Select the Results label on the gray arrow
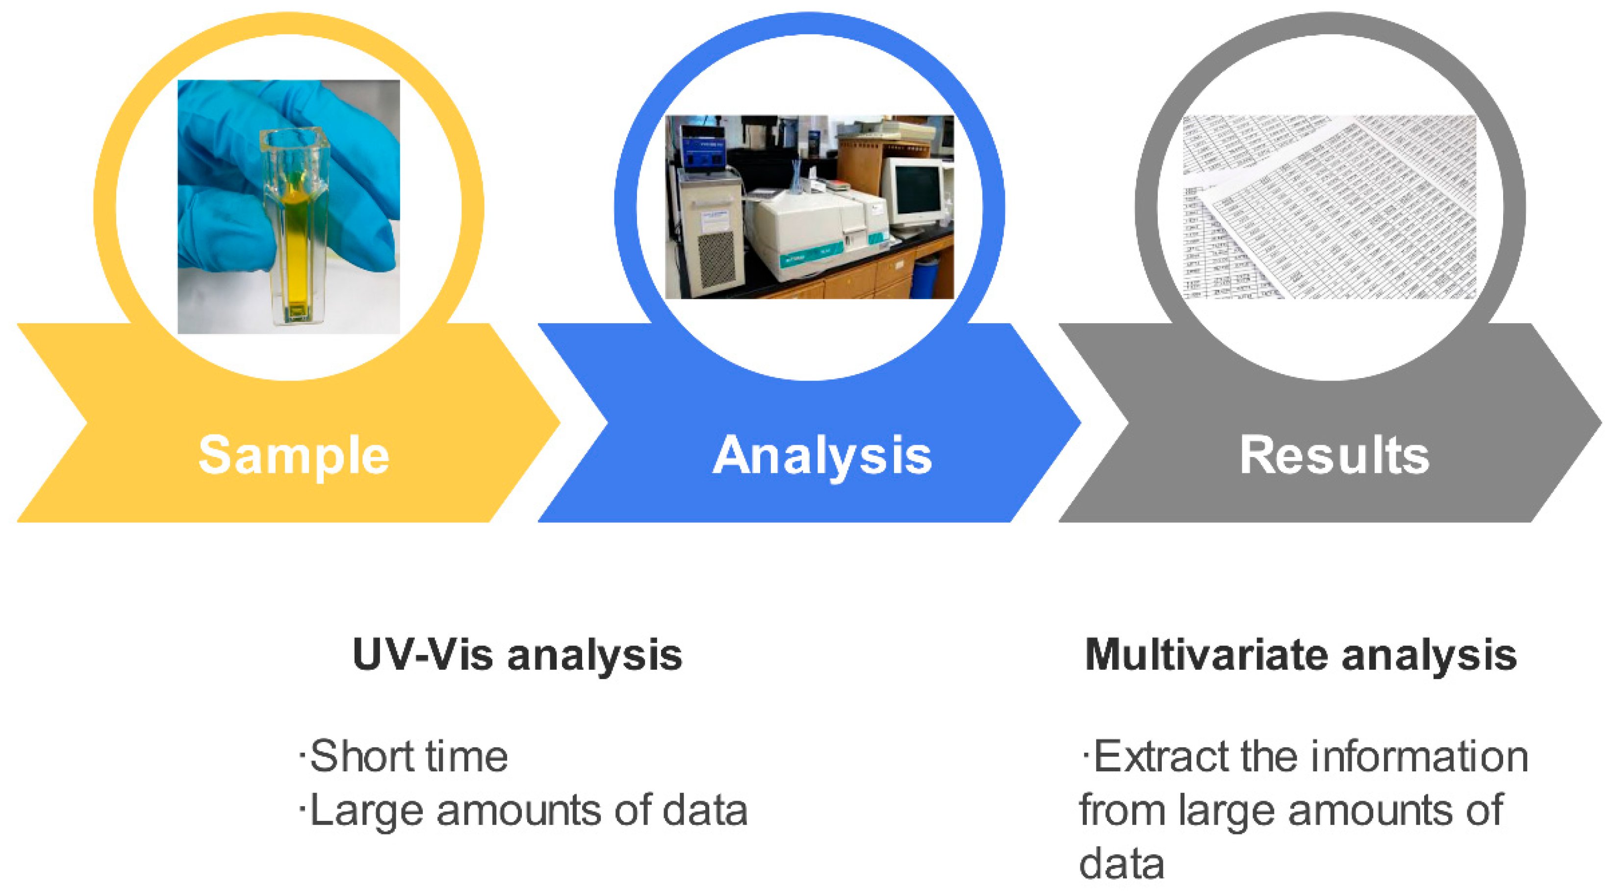(x=1335, y=455)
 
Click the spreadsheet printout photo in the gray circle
(x=1329, y=207)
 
